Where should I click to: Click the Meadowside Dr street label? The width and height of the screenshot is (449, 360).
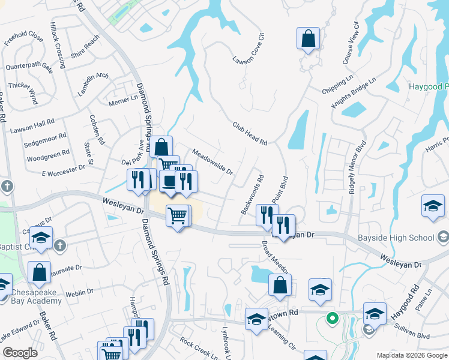[212, 161]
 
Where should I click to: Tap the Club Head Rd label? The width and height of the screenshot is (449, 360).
[250, 133]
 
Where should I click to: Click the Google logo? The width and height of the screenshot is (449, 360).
[20, 352]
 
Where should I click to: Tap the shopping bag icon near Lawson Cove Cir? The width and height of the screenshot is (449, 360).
[308, 40]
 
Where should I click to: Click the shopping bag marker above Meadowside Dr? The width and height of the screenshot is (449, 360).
[161, 146]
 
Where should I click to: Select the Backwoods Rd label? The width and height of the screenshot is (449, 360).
[253, 195]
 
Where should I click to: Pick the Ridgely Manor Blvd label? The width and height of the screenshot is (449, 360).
[356, 167]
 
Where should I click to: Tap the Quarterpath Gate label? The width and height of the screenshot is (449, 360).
[29, 67]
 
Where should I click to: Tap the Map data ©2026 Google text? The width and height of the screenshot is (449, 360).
[412, 355]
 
